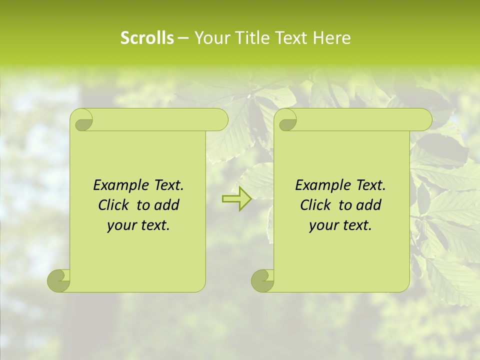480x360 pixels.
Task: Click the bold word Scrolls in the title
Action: point(147,38)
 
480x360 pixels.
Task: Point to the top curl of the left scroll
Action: point(82,120)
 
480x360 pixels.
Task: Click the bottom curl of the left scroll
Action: point(59,280)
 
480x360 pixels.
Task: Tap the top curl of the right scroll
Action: point(286,120)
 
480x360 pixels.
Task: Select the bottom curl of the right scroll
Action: point(262,280)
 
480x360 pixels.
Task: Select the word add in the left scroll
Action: point(166,205)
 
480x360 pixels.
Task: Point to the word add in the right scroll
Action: point(368,205)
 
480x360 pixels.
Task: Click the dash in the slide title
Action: point(183,38)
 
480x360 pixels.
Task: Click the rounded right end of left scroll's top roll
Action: point(221,119)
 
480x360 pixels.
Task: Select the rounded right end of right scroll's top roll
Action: point(425,119)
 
